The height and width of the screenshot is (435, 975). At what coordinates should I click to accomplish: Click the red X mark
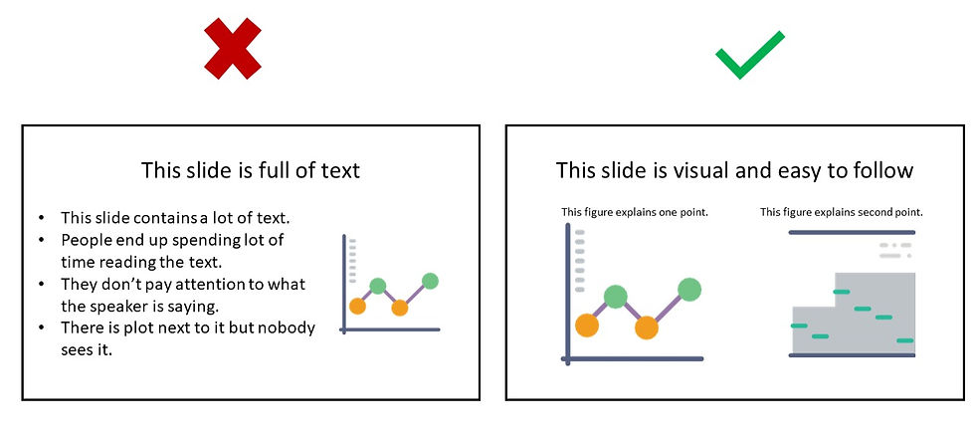pos(232,53)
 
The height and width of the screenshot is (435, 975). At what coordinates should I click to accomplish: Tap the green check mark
pos(748,56)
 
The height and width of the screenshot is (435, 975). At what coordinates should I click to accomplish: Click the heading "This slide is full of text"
pos(251,170)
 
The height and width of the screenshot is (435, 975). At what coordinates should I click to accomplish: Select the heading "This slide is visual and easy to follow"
pos(734,170)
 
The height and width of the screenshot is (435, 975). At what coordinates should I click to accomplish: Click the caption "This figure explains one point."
pos(635,212)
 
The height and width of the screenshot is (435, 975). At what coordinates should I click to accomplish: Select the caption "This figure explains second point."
pos(842,212)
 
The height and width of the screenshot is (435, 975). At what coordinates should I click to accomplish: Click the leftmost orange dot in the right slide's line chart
pos(587,325)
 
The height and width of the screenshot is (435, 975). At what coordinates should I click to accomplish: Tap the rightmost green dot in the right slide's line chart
pos(689,290)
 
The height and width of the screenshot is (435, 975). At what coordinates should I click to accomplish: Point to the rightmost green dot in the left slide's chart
pos(430,281)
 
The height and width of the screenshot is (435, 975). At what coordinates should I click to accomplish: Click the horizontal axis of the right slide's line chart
pos(633,358)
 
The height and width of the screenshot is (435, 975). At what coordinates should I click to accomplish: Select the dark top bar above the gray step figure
pos(852,233)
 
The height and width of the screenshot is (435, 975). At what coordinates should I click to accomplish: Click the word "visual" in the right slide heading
pos(694,170)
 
